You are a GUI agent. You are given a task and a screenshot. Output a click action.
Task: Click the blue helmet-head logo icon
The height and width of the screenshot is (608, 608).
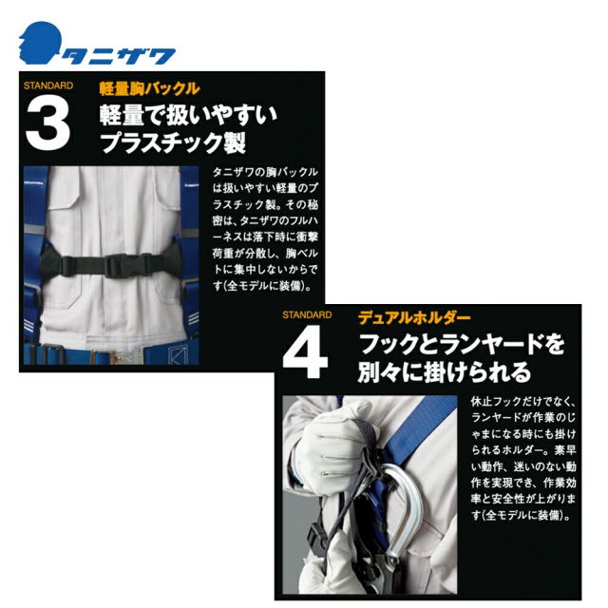click(40, 43)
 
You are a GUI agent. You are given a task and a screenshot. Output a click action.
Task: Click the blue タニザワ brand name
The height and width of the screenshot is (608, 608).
click(119, 57)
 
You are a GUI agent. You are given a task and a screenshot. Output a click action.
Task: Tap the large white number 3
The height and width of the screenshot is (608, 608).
click(47, 124)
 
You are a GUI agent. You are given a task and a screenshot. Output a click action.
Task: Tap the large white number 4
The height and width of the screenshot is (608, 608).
click(305, 352)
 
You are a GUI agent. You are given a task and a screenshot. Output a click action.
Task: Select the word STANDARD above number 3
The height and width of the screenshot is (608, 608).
click(48, 85)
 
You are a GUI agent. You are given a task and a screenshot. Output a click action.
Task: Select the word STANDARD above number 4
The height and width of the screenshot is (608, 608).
click(307, 314)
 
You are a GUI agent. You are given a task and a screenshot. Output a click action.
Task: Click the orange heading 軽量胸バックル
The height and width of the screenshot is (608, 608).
click(149, 88)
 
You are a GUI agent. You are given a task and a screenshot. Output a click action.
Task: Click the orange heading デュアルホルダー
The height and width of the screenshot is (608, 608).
click(414, 318)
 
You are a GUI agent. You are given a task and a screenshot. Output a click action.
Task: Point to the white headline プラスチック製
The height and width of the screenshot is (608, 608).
click(173, 143)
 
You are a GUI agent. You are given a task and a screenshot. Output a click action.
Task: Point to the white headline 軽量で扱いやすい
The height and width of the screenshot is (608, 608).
click(188, 115)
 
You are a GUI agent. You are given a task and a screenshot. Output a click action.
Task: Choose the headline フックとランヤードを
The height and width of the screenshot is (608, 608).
click(462, 344)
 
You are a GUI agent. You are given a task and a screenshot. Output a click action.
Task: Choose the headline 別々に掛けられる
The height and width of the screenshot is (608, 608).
click(445, 372)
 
